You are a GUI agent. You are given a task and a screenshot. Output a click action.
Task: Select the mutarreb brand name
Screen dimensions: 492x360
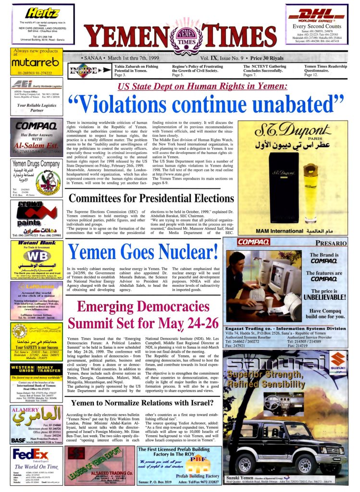tap(31, 63)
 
